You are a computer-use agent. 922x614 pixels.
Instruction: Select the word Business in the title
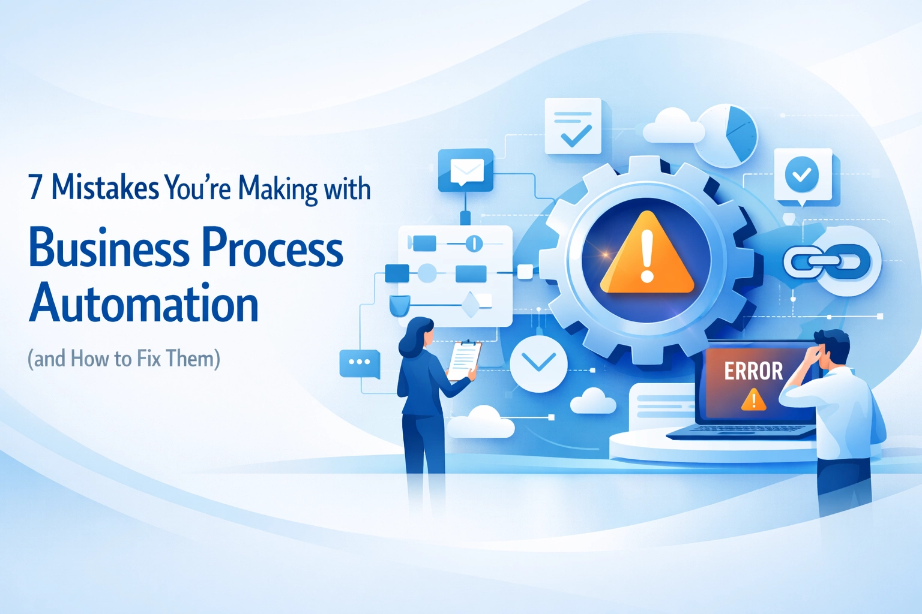[109, 248]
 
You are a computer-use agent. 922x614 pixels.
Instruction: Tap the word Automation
[144, 304]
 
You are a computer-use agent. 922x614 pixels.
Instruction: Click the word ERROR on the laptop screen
[753, 371]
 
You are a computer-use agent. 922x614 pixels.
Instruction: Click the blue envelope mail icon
[466, 171]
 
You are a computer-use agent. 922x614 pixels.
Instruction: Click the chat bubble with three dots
[360, 363]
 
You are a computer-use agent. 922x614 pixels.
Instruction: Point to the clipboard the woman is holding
[465, 360]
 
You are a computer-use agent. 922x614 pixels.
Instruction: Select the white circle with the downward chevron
[538, 363]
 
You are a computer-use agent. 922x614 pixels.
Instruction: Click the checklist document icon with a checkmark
[573, 127]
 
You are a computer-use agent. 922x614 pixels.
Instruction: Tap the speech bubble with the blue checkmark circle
[802, 175]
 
